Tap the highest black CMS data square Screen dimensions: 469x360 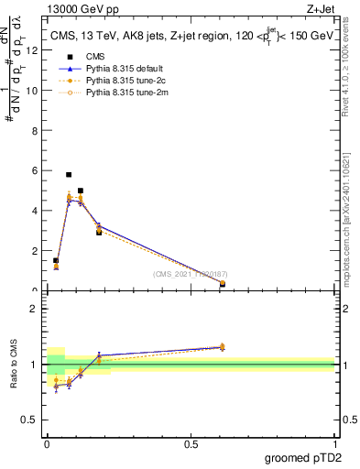coord(69,174)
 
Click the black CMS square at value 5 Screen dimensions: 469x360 coord(81,191)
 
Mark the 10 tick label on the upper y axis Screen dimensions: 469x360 coord(34,91)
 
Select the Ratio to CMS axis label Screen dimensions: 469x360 coord(14,365)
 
